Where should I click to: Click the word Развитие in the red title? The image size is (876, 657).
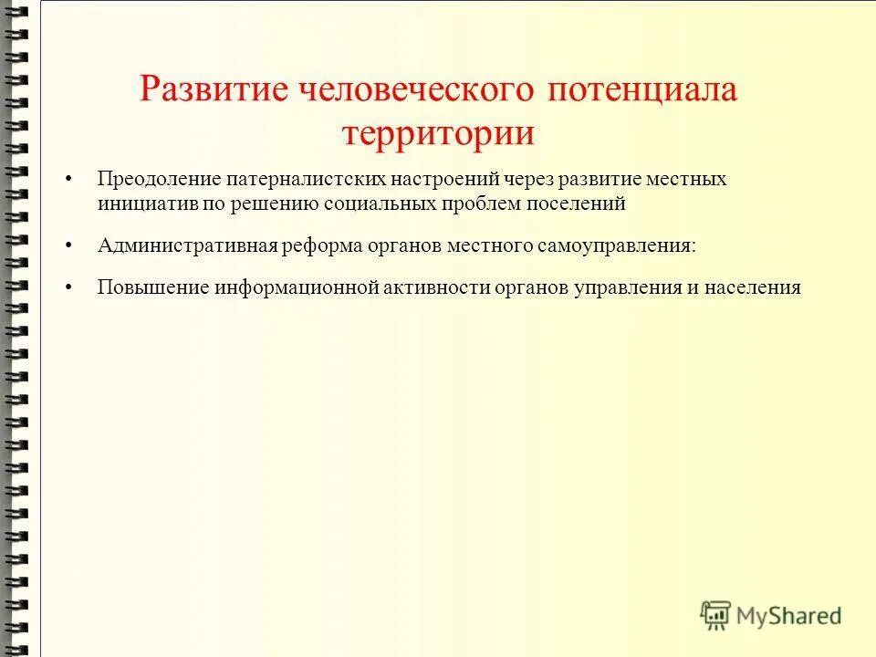[213, 91]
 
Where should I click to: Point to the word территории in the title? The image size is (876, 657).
[438, 133]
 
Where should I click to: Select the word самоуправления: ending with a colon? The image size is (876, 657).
[624, 246]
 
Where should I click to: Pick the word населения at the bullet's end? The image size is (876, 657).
[753, 288]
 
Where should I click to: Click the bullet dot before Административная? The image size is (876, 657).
[69, 247]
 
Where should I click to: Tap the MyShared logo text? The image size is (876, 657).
[789, 616]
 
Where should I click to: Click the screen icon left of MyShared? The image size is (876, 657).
[716, 615]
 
